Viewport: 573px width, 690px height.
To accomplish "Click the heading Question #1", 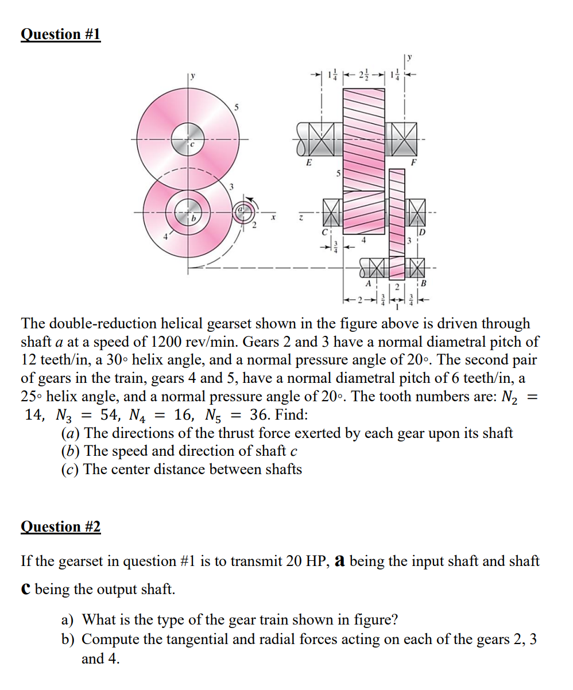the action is tap(60, 34).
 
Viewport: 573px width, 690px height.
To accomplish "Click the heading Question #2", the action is tap(60, 526).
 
